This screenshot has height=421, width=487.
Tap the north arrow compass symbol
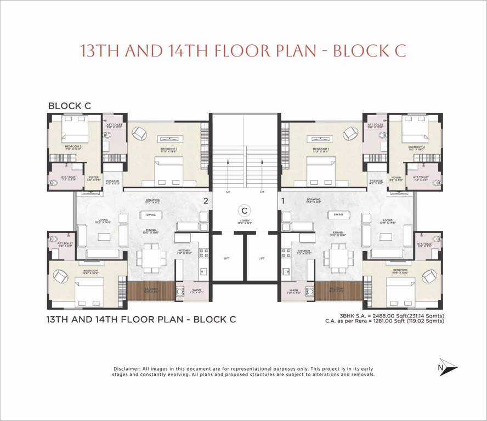(x=447, y=367)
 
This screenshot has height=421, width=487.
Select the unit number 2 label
(x=206, y=201)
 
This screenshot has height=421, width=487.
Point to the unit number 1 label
(x=283, y=201)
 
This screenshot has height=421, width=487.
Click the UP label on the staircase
(x=228, y=192)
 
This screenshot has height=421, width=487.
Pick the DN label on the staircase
(x=262, y=192)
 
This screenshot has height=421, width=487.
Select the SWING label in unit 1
(x=338, y=214)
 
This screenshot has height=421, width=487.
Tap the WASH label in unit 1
(x=294, y=290)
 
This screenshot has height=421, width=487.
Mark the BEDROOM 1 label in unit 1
(x=321, y=149)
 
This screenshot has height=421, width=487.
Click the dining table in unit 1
(x=337, y=256)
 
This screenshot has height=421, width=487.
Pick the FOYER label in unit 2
(x=94, y=177)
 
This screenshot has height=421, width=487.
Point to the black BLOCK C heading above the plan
(x=69, y=106)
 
